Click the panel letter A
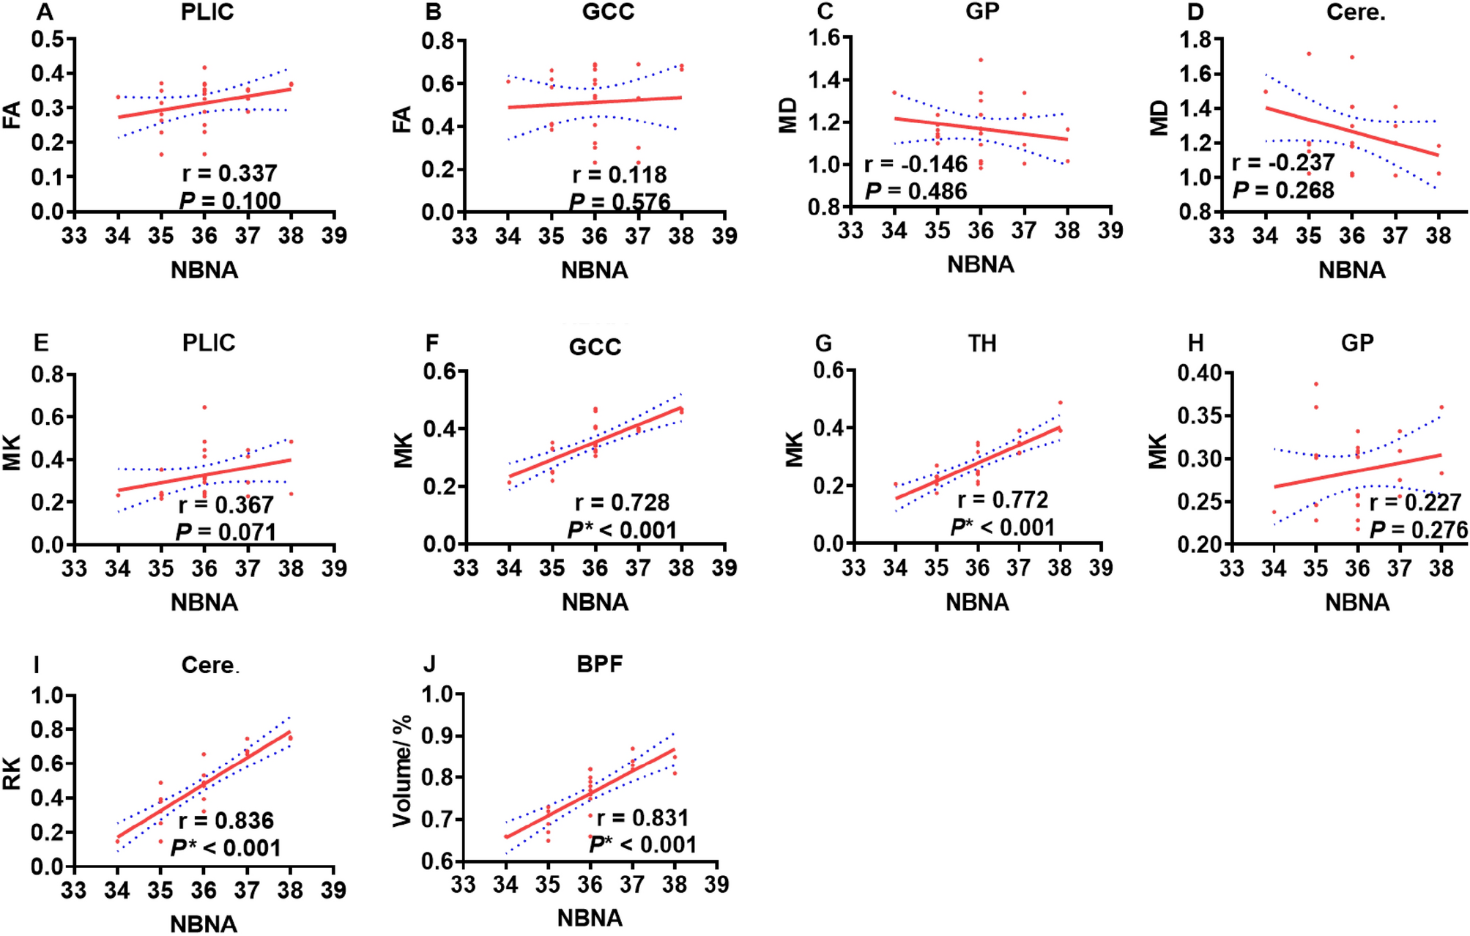pyautogui.click(x=45, y=12)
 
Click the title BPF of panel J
pyautogui.click(x=599, y=664)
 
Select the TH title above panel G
pyautogui.click(x=981, y=343)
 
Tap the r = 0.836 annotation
pyautogui.click(x=226, y=820)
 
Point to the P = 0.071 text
pyautogui.click(x=226, y=532)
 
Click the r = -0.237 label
pyautogui.click(x=1283, y=162)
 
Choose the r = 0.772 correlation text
pyautogui.click(x=1003, y=499)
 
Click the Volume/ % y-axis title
pyautogui.click(x=402, y=771)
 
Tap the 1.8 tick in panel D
pyautogui.click(x=1194, y=40)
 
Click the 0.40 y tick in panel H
pyautogui.click(x=1199, y=374)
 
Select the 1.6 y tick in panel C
pyautogui.click(x=824, y=37)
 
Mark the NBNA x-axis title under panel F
pyautogui.click(x=595, y=602)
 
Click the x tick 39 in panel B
pyautogui.click(x=724, y=236)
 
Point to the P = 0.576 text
pyautogui.click(x=620, y=202)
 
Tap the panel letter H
pyautogui.click(x=1195, y=343)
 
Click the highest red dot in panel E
pyautogui.click(x=205, y=407)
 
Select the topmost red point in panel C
pyautogui.click(x=980, y=60)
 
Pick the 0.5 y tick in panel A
pyautogui.click(x=47, y=39)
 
